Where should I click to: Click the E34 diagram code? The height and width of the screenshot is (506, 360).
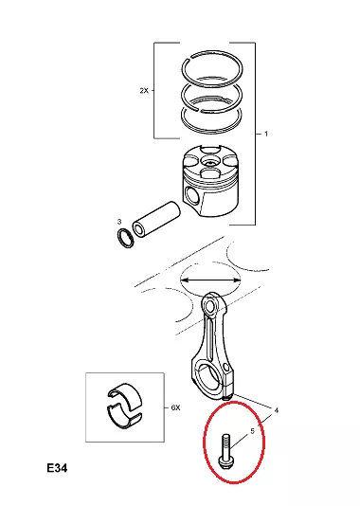pos(57,468)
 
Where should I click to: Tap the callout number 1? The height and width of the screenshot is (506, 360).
pos(266,134)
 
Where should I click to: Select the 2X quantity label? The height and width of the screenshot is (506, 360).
pos(144,91)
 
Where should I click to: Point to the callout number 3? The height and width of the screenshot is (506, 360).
pos(119,222)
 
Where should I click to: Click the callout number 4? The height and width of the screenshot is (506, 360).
pos(276,410)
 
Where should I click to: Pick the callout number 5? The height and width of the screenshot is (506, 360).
pos(252,431)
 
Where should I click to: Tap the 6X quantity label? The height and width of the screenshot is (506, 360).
pos(175,407)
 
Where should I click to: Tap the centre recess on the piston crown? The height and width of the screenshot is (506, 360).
pos(209,160)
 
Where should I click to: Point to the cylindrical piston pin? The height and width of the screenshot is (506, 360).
pos(155,219)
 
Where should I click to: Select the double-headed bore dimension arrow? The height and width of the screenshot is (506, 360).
pos(210,280)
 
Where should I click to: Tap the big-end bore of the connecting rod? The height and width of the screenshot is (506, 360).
pos(209,374)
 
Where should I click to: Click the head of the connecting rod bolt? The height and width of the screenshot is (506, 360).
pos(224,463)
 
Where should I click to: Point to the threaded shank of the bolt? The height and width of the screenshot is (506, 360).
pos(225,445)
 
